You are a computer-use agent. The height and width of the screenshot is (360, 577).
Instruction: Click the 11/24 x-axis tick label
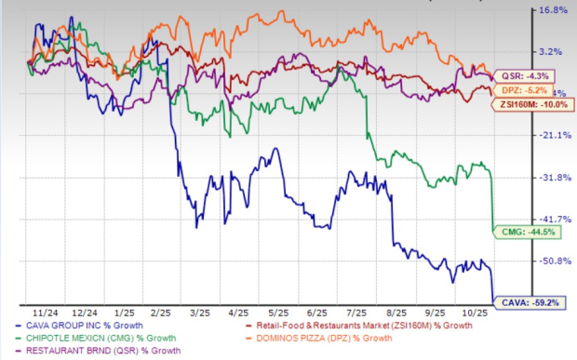pyautogui.click(x=68, y=313)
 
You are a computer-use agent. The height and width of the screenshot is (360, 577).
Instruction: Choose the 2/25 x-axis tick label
pyautogui.click(x=155, y=313)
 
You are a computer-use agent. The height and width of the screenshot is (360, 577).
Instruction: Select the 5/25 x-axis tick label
pyautogui.click(x=279, y=313)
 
